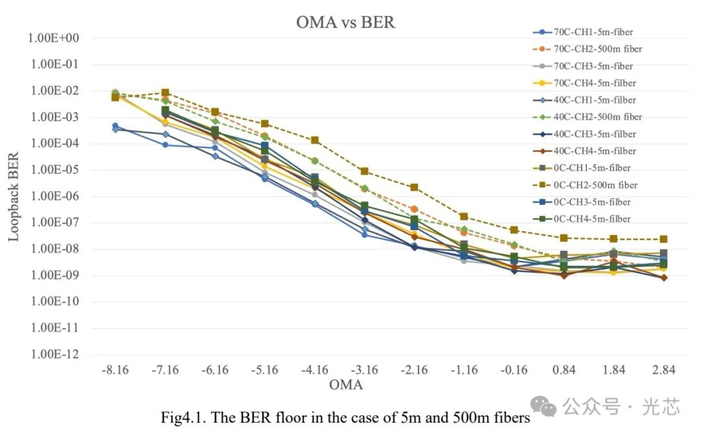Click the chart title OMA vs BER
click(345, 22)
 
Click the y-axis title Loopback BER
click(14, 197)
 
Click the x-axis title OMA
click(346, 385)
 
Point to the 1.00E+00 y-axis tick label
click(53, 38)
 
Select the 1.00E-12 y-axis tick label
click(53, 354)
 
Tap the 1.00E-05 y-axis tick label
click(53, 170)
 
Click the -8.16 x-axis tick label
click(115, 370)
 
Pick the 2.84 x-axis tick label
click(663, 370)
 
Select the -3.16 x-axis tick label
click(365, 370)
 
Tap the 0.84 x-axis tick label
click(564, 370)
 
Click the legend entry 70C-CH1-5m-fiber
click(592, 32)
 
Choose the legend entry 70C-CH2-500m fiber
click(598, 49)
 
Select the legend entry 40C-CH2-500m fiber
click(598, 117)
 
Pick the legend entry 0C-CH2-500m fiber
click(595, 185)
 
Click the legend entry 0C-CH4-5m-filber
click(591, 219)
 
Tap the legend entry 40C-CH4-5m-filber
click(594, 151)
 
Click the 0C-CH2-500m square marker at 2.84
click(663, 240)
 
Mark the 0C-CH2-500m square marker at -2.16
click(414, 188)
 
